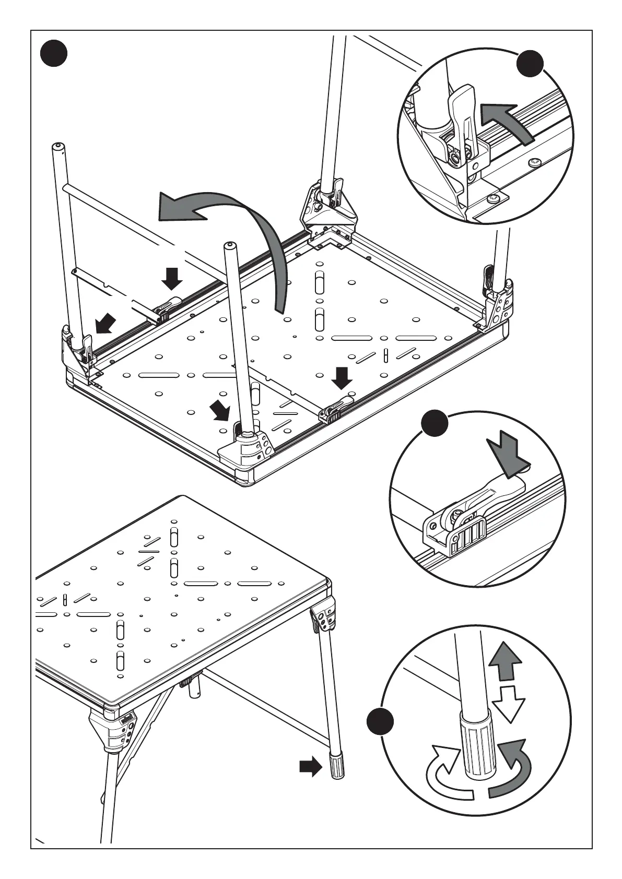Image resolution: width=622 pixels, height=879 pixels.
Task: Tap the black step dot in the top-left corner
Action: (x=54, y=54)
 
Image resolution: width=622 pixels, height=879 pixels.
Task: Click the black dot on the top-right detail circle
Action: (x=530, y=64)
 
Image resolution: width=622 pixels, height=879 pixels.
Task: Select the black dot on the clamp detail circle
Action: (x=435, y=423)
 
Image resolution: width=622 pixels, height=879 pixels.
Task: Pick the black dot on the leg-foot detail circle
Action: (x=380, y=722)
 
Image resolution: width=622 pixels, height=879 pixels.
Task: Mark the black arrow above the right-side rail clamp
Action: (x=342, y=377)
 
